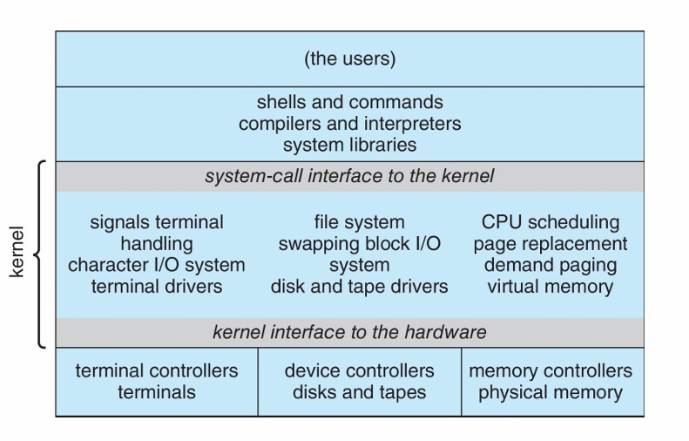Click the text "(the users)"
[349, 59]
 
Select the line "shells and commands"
[349, 103]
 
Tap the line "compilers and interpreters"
[349, 123]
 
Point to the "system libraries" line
[349, 144]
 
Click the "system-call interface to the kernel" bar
[349, 176]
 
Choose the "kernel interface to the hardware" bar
[349, 332]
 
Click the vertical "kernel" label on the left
[17, 254]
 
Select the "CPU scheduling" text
[550, 222]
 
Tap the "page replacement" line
[550, 244]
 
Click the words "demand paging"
[550, 265]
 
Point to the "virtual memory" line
[550, 286]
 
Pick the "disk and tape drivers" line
[359, 286]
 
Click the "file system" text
[359, 222]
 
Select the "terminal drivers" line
[157, 286]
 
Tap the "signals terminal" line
[157, 222]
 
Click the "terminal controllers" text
[157, 370]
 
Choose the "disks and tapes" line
[359, 391]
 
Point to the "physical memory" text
[550, 391]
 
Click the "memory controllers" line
[550, 370]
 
